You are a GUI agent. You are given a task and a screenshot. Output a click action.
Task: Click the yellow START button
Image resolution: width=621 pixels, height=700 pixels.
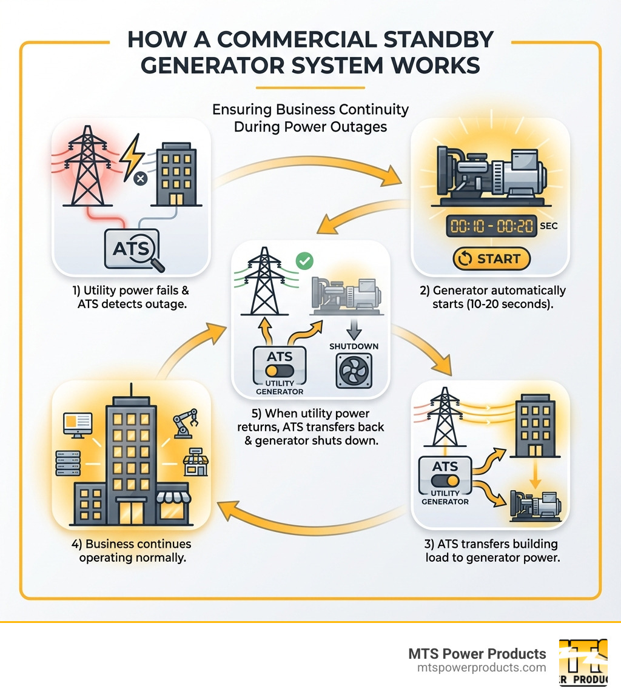(491, 259)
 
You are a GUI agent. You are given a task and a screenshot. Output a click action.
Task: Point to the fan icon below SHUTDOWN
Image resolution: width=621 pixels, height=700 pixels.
(353, 371)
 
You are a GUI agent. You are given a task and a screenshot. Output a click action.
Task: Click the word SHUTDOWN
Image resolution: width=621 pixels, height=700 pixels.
(354, 346)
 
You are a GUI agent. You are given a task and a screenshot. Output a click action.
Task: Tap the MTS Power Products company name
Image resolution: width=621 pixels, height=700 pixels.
(477, 654)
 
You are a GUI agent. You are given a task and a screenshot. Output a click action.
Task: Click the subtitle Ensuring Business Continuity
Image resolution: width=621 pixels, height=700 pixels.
(310, 110)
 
